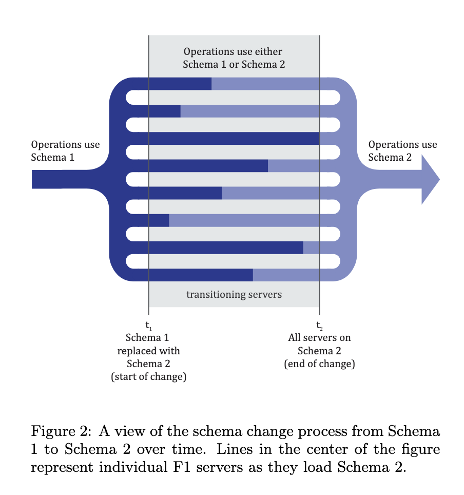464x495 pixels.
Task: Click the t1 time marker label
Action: click(x=149, y=326)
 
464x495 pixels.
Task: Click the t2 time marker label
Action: click(x=320, y=326)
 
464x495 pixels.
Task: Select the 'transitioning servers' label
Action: click(x=234, y=295)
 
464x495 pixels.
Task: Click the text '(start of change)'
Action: click(x=148, y=377)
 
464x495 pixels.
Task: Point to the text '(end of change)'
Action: click(x=319, y=364)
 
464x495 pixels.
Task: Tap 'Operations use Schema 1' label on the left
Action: click(x=65, y=151)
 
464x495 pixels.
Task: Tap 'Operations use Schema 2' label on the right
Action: click(x=402, y=151)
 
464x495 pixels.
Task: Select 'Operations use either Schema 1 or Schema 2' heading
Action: click(x=234, y=58)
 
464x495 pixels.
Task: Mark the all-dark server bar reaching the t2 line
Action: click(x=234, y=139)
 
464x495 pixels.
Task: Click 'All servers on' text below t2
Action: click(x=319, y=338)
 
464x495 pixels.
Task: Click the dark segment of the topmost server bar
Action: click(x=180, y=84)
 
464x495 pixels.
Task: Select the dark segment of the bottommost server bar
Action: click(x=200, y=275)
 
